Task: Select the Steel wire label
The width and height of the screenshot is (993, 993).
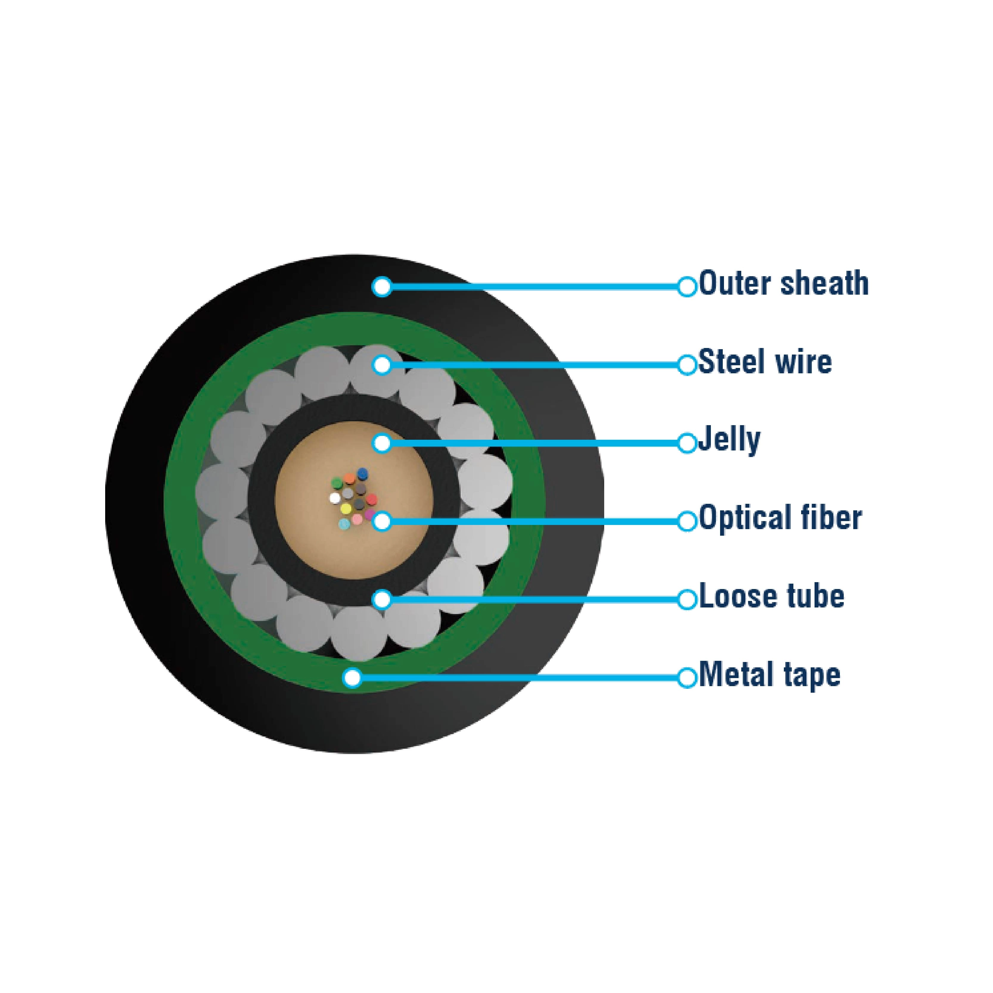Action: pyautogui.click(x=765, y=362)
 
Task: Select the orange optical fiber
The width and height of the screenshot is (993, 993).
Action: pyautogui.click(x=349, y=479)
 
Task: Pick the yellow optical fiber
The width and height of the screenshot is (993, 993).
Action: pyautogui.click(x=346, y=509)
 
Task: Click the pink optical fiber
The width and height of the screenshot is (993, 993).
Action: pyautogui.click(x=357, y=519)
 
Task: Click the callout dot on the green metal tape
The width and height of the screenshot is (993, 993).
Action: pyautogui.click(x=352, y=677)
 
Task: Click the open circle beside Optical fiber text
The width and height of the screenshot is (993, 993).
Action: pyautogui.click(x=687, y=521)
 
